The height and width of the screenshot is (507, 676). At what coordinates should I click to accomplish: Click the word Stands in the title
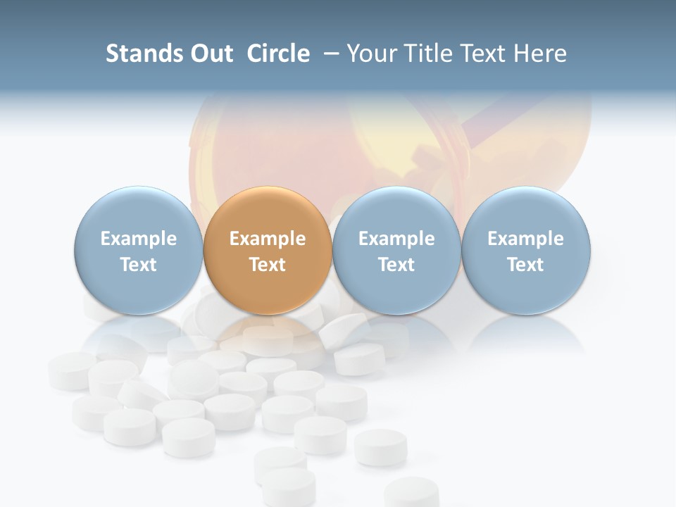pos(141,54)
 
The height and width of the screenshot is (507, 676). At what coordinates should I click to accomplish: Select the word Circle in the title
pos(278,54)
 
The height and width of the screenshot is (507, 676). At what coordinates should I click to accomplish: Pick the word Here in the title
pos(542,54)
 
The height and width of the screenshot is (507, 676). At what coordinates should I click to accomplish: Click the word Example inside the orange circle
pos(268,239)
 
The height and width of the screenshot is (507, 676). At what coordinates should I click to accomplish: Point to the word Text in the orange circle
pos(268,265)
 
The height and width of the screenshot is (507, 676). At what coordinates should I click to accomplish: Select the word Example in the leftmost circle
pos(138,239)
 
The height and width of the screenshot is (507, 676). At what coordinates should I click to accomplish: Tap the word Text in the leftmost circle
pos(138,265)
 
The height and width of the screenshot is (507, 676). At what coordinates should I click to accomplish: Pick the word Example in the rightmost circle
pos(525,239)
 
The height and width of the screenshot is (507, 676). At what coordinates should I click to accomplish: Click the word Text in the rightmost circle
pos(525,265)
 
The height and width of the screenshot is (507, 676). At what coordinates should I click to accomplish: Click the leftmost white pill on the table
pos(70,370)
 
